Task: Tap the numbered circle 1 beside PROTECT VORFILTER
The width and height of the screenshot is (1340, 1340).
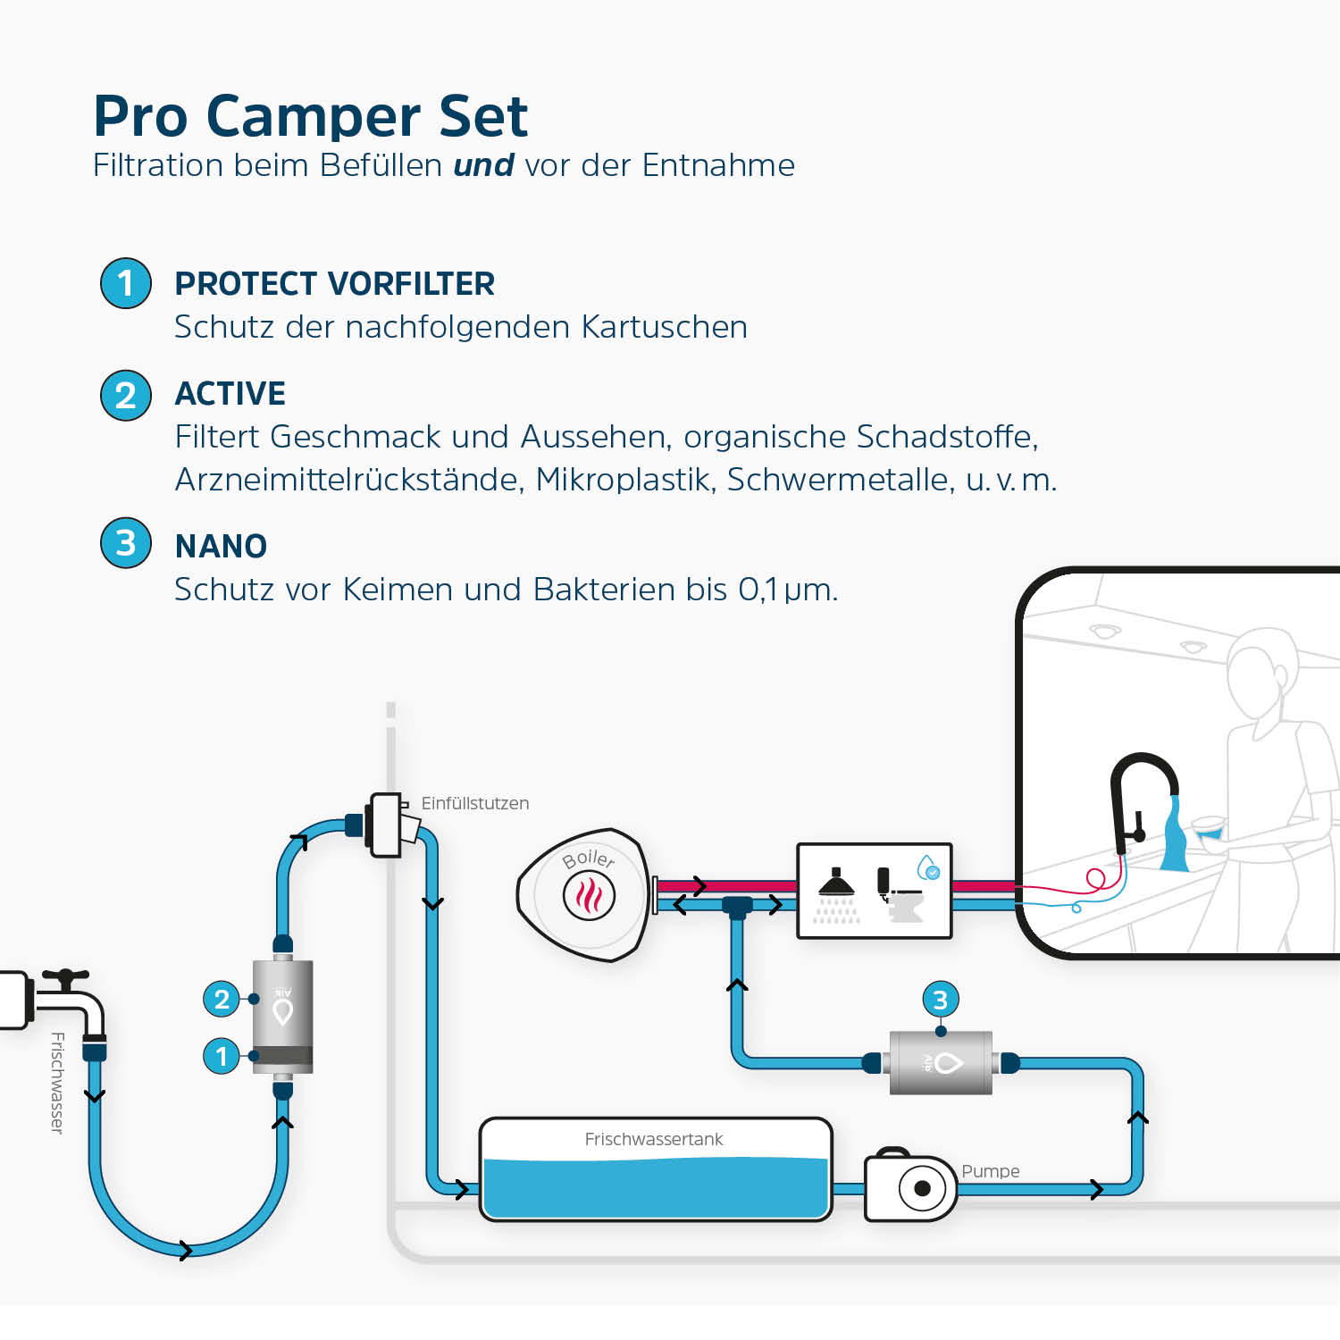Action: tap(126, 283)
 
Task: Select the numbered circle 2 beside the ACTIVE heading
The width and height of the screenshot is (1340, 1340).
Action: tap(126, 395)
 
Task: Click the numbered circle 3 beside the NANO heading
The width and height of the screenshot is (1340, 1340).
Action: tap(126, 543)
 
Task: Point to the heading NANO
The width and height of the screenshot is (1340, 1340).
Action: tap(221, 546)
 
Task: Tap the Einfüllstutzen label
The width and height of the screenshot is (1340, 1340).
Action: tap(474, 803)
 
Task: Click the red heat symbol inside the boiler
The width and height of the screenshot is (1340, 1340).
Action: tap(589, 894)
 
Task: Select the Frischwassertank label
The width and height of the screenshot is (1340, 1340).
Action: tap(653, 1139)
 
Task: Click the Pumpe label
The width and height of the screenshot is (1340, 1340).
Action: tap(990, 1171)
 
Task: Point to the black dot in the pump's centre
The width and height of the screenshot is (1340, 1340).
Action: tap(922, 1189)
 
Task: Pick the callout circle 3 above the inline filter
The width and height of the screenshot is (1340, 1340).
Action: tap(940, 1000)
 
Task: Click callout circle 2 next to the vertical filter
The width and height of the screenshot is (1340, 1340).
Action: tap(222, 999)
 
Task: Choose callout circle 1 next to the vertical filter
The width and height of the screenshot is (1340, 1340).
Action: tap(222, 1057)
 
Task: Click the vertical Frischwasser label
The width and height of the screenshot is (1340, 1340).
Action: tap(57, 1083)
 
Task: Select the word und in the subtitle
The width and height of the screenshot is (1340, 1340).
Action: tap(483, 165)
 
